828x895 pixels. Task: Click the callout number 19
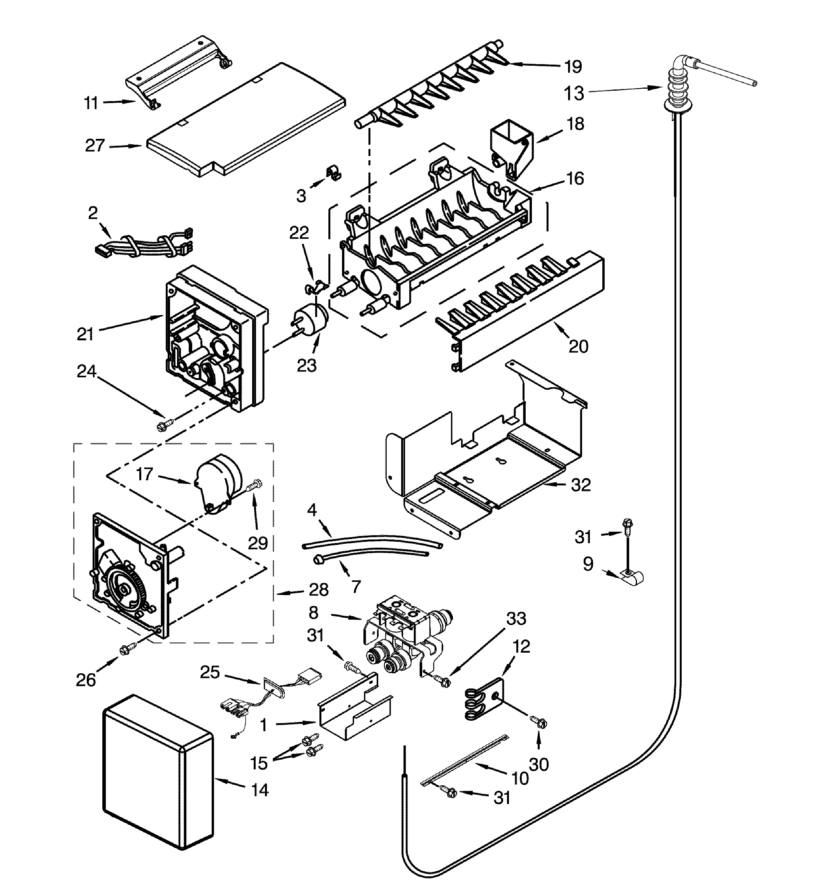point(573,67)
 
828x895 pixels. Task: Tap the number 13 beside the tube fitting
point(574,93)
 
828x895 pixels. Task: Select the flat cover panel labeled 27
point(246,121)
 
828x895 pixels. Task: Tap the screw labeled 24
point(165,424)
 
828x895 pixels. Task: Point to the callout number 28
point(319,590)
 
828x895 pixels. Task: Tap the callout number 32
point(581,485)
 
